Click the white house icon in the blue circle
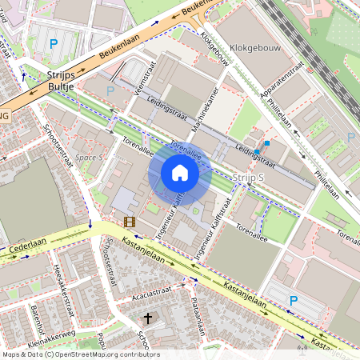coord(179,173)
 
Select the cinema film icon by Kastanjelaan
coord(130,221)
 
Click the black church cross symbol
coord(146,318)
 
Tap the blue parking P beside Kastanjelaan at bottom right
coord(293,300)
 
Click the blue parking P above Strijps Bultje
coord(54,43)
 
